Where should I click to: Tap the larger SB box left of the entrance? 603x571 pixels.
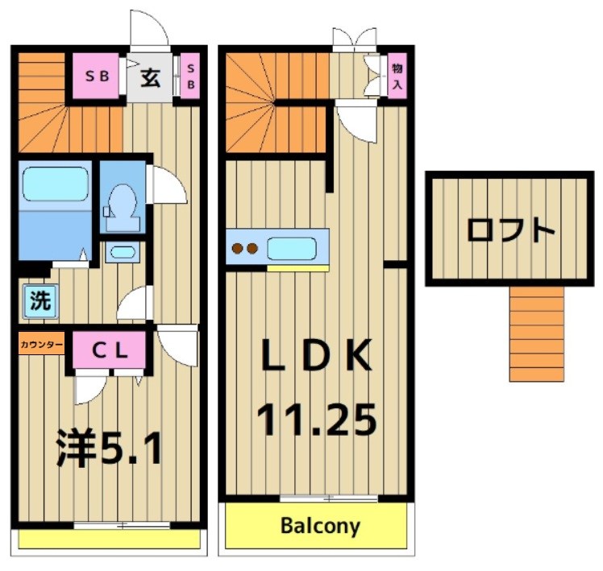(97, 77)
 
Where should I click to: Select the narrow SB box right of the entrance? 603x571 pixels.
(191, 77)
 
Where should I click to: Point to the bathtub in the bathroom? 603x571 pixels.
(55, 184)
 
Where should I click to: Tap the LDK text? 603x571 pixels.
(316, 355)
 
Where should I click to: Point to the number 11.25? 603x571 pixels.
(316, 420)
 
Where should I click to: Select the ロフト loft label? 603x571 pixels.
(510, 230)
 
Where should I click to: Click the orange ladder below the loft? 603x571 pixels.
(535, 333)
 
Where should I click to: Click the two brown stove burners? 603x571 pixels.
(245, 249)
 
